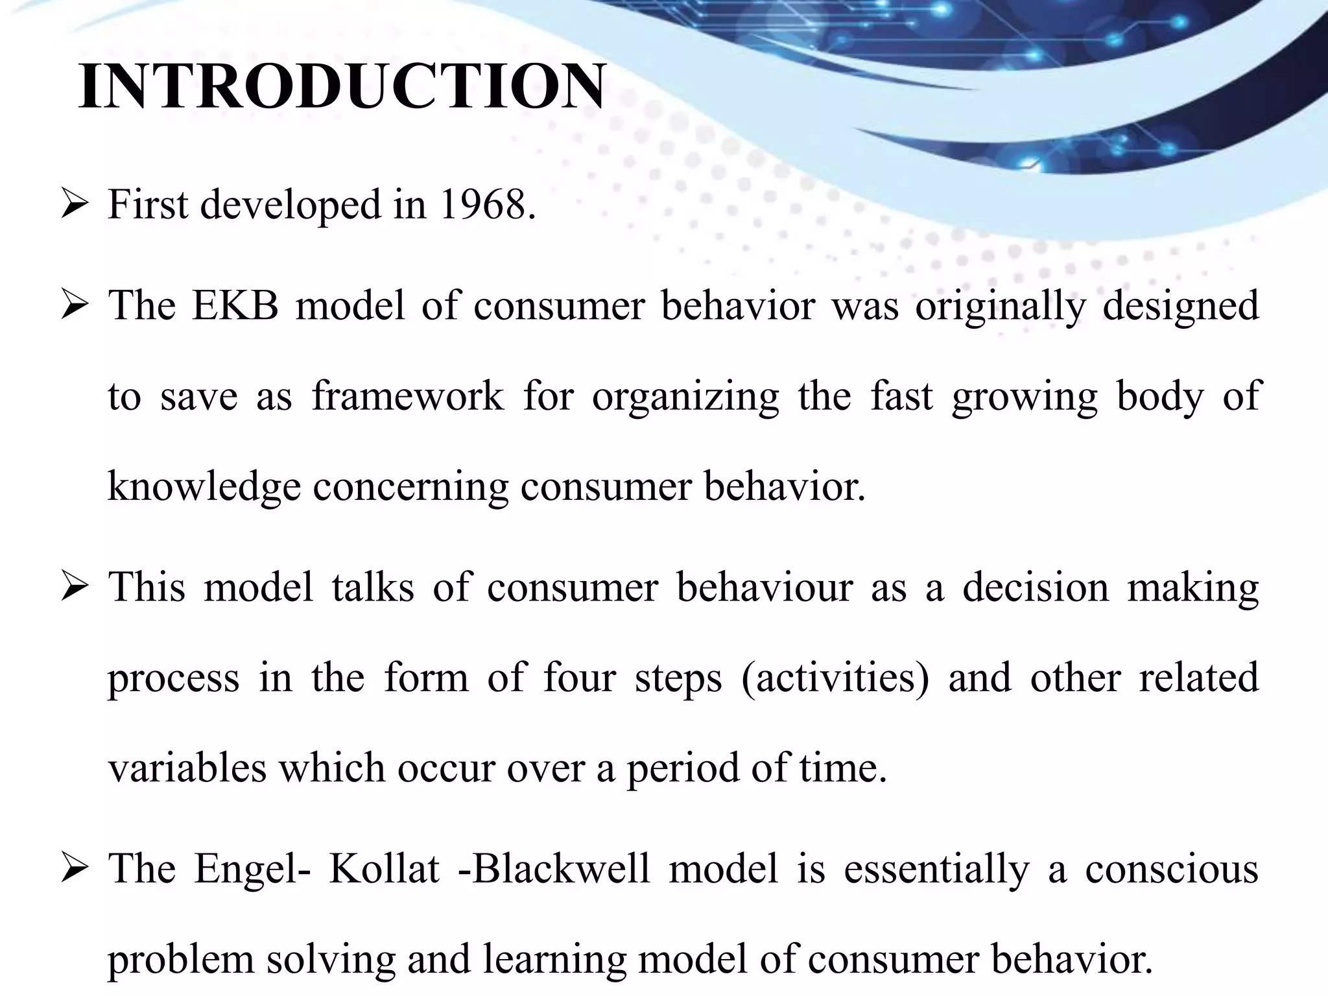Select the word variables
tap(187, 768)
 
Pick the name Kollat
tap(385, 869)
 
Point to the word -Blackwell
tap(553, 869)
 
